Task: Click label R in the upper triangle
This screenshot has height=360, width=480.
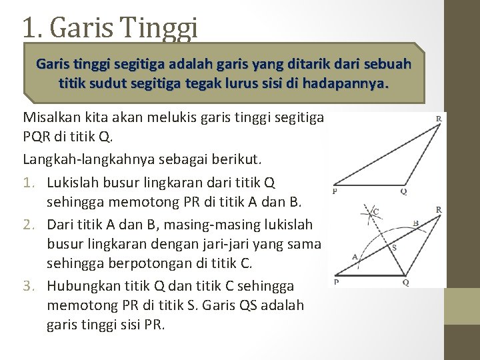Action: coord(438,118)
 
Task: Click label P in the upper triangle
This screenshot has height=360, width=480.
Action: coord(334,191)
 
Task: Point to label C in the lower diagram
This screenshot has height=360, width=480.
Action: coord(376,211)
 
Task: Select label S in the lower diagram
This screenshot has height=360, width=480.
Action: coord(394,247)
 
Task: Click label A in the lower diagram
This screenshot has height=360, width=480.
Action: coord(355,255)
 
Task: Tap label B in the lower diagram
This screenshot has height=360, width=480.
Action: coord(415,223)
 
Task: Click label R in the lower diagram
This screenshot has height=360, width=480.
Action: coord(438,209)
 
